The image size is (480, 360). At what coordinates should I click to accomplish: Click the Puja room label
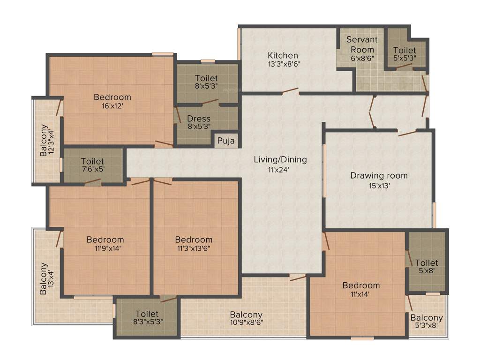(x=225, y=140)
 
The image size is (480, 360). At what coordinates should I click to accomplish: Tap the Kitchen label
(x=283, y=55)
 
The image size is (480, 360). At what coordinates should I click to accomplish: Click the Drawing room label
(x=379, y=176)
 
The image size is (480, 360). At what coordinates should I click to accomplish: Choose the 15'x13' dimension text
(x=379, y=185)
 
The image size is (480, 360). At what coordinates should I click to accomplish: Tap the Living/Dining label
(x=280, y=159)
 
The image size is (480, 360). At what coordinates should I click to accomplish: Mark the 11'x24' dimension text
(x=280, y=170)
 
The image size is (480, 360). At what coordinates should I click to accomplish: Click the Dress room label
(x=199, y=119)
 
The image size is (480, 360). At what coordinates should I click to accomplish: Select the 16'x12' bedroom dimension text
(x=112, y=106)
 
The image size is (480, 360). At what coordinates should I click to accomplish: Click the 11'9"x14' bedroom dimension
(x=105, y=249)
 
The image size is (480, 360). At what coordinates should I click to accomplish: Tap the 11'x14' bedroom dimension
(x=361, y=295)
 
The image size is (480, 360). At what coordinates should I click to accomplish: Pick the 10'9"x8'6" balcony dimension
(x=246, y=323)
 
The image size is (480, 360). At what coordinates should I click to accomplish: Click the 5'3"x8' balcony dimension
(x=427, y=326)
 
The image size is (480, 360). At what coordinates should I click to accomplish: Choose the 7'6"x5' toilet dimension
(x=92, y=170)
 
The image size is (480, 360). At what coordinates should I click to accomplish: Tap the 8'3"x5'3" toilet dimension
(x=147, y=322)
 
